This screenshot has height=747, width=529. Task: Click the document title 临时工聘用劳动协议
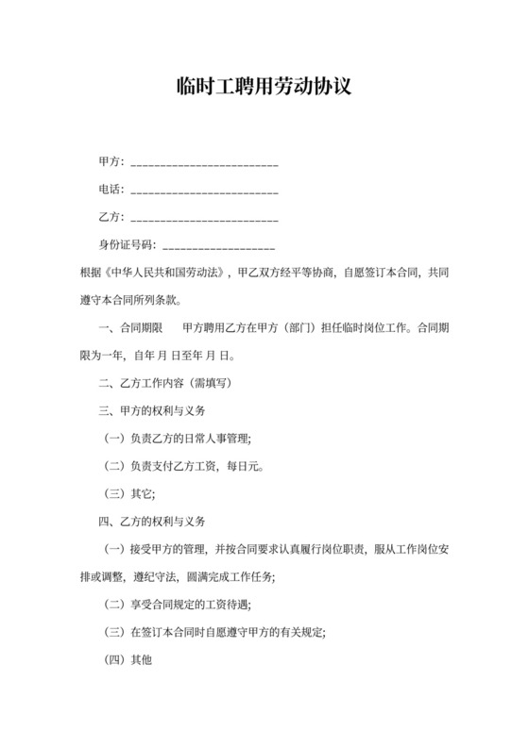[x=264, y=88]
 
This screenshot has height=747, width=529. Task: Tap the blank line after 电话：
[x=203, y=193]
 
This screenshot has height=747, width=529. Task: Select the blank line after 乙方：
[x=203, y=221]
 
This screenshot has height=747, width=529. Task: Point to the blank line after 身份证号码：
[x=219, y=248]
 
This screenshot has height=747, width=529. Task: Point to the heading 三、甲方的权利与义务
[x=152, y=411]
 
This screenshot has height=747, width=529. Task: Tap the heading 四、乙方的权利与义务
[x=152, y=522]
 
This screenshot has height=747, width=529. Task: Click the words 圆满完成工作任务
[x=237, y=577]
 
